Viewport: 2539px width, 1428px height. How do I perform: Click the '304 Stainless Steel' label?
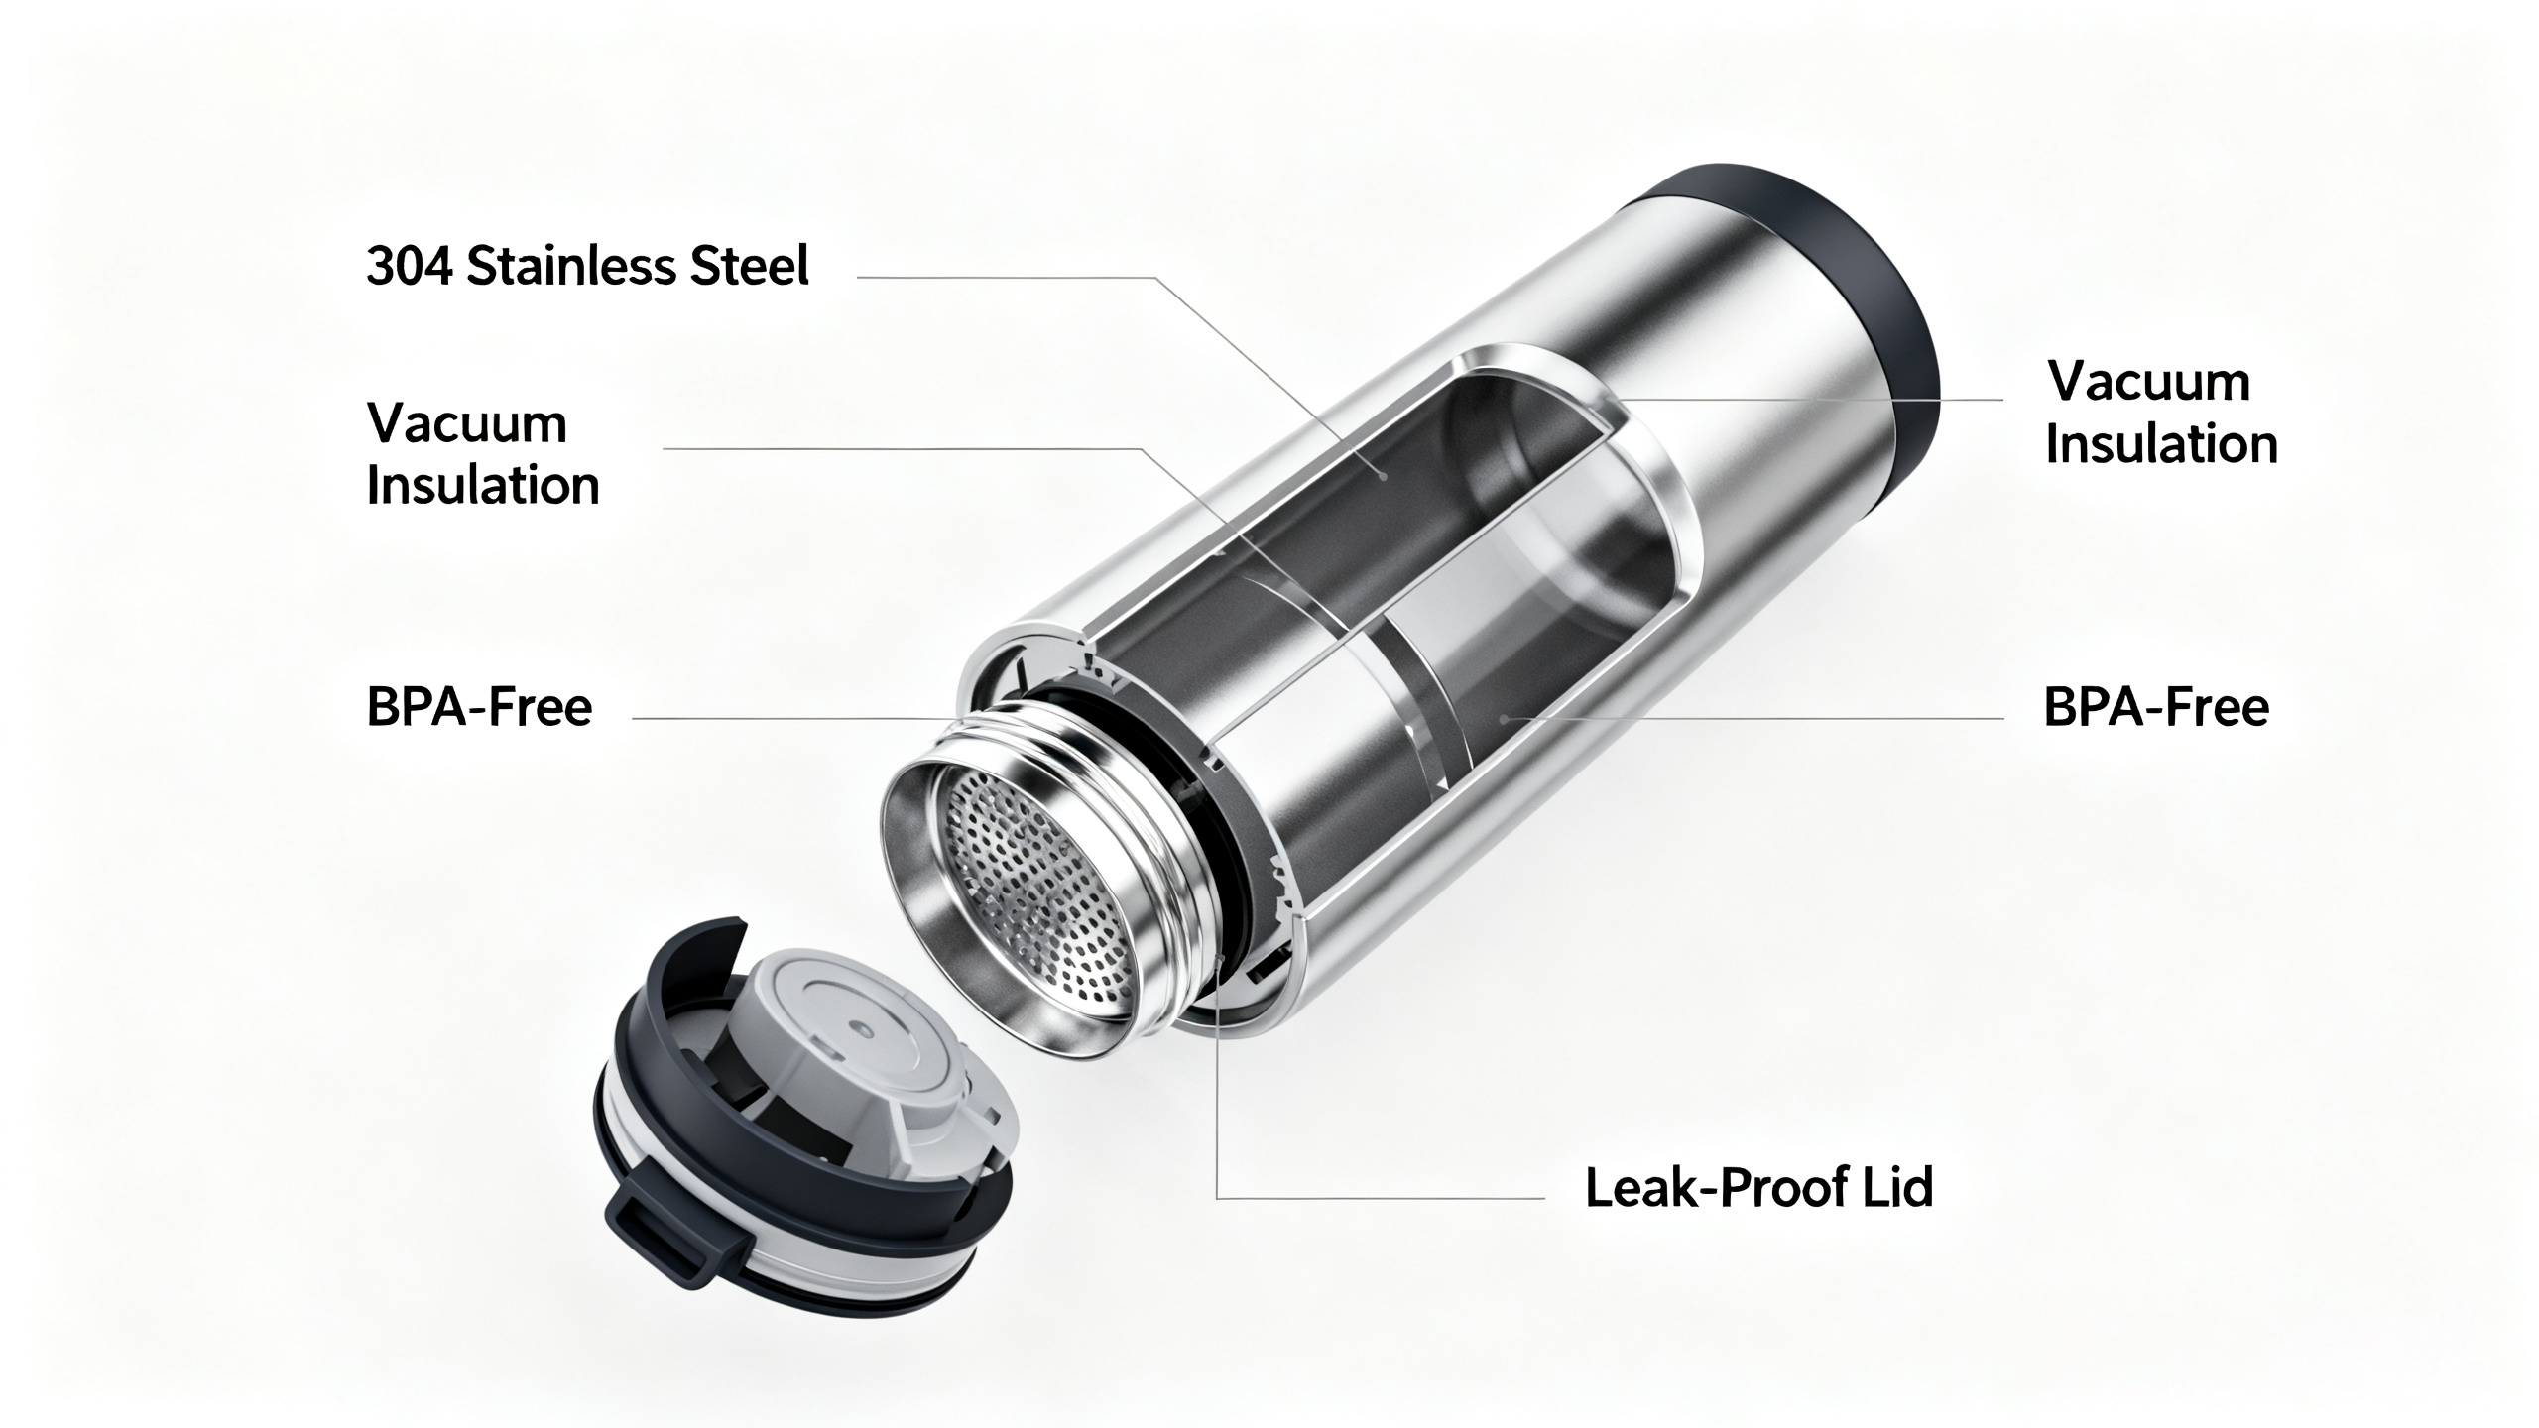(587, 267)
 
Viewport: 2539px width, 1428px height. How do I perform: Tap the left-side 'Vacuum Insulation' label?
(483, 454)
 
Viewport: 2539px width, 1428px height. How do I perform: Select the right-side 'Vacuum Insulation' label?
(2160, 413)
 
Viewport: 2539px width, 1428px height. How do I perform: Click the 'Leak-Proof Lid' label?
(1758, 1187)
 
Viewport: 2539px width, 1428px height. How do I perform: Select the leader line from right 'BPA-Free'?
(1746, 718)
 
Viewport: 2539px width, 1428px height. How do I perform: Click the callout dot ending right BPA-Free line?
(1505, 716)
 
